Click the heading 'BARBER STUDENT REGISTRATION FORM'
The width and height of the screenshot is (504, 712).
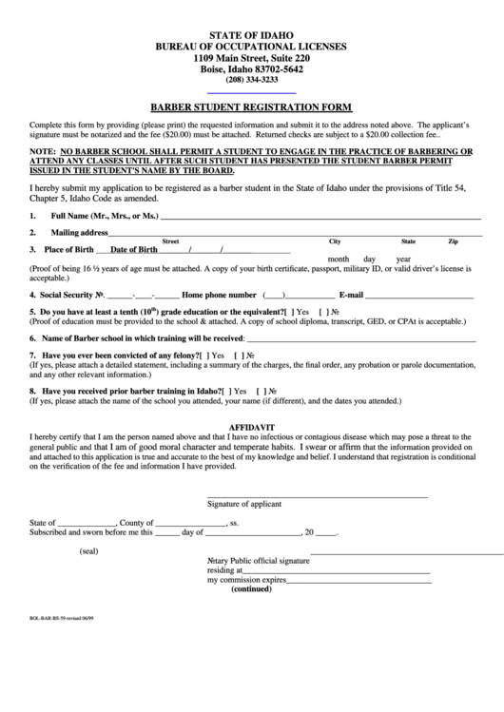click(252, 107)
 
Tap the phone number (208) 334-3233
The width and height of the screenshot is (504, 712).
click(252, 80)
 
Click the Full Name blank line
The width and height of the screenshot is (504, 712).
click(323, 220)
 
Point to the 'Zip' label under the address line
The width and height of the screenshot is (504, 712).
click(453, 241)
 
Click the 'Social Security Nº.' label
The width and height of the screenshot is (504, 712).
click(66, 295)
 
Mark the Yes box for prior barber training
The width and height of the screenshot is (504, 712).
click(226, 390)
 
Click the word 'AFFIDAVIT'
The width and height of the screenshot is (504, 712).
click(252, 427)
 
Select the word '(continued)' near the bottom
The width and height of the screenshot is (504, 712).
click(251, 588)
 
